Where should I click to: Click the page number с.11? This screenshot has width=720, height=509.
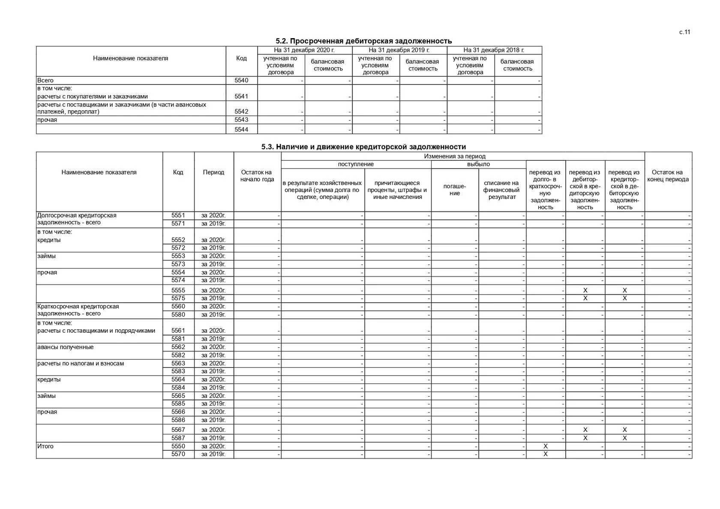(684, 32)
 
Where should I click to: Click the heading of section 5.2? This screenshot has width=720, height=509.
(363, 41)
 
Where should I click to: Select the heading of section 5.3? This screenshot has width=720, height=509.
(363, 147)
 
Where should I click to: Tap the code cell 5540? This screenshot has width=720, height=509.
(241, 80)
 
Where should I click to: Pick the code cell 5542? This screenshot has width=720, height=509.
(241, 111)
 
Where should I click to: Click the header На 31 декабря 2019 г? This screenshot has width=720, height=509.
(399, 50)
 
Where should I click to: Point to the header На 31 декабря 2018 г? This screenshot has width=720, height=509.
(494, 50)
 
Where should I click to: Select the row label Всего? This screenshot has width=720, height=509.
(45, 80)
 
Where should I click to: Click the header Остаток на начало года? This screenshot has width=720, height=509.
(257, 176)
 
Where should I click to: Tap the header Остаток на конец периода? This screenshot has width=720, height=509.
(668, 176)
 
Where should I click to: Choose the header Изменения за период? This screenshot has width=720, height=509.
(455, 157)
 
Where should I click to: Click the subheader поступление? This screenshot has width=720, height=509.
(356, 164)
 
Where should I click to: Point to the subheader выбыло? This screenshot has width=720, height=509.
(478, 164)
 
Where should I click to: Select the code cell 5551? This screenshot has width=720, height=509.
(178, 215)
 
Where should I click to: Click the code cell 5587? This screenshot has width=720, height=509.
(178, 438)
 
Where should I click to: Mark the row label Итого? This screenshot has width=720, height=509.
(45, 446)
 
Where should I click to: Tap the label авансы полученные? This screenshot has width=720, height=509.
(65, 347)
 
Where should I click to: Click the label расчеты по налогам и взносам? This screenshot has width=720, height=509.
(81, 363)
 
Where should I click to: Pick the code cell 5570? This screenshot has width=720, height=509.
(178, 454)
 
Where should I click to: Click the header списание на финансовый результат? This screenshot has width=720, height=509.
(502, 190)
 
